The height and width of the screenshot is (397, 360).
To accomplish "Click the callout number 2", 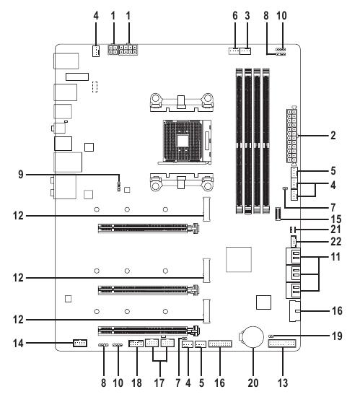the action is [x=333, y=136].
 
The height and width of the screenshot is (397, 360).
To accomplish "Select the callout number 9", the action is [x=21, y=175].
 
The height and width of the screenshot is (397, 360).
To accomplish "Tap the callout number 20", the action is [x=253, y=383].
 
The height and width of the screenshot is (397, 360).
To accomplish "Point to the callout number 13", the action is [x=283, y=383].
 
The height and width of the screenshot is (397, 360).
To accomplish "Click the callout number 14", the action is [x=18, y=344].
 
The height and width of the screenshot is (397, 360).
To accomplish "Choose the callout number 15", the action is [x=336, y=219].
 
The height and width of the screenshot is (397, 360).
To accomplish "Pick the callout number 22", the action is [x=336, y=242].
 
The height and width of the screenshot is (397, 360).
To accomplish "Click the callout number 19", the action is [x=337, y=336].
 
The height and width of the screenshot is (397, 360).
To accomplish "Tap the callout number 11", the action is [x=336, y=257].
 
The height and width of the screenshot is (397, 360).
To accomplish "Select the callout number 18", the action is [x=136, y=383].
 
